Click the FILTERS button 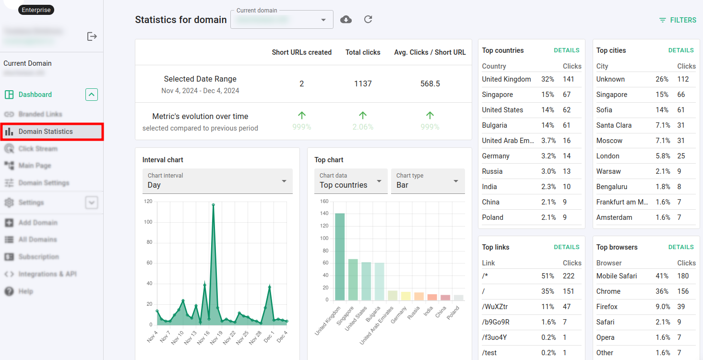tap(678, 20)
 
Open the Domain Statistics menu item tap(46, 132)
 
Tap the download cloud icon tap(346, 20)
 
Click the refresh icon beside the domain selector tap(368, 20)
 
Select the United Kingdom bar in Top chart tap(340, 257)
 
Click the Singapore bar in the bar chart tap(353, 280)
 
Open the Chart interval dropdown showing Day tap(217, 181)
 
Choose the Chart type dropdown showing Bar tap(428, 181)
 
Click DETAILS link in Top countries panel tap(567, 50)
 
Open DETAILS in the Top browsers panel tap(681, 247)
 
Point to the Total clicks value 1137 tap(363, 84)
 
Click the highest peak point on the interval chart tap(213, 205)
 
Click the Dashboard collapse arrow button tap(92, 95)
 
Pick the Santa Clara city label tap(614, 125)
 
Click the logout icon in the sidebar tap(92, 36)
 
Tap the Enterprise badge tap(36, 10)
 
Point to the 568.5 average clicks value tap(430, 84)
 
